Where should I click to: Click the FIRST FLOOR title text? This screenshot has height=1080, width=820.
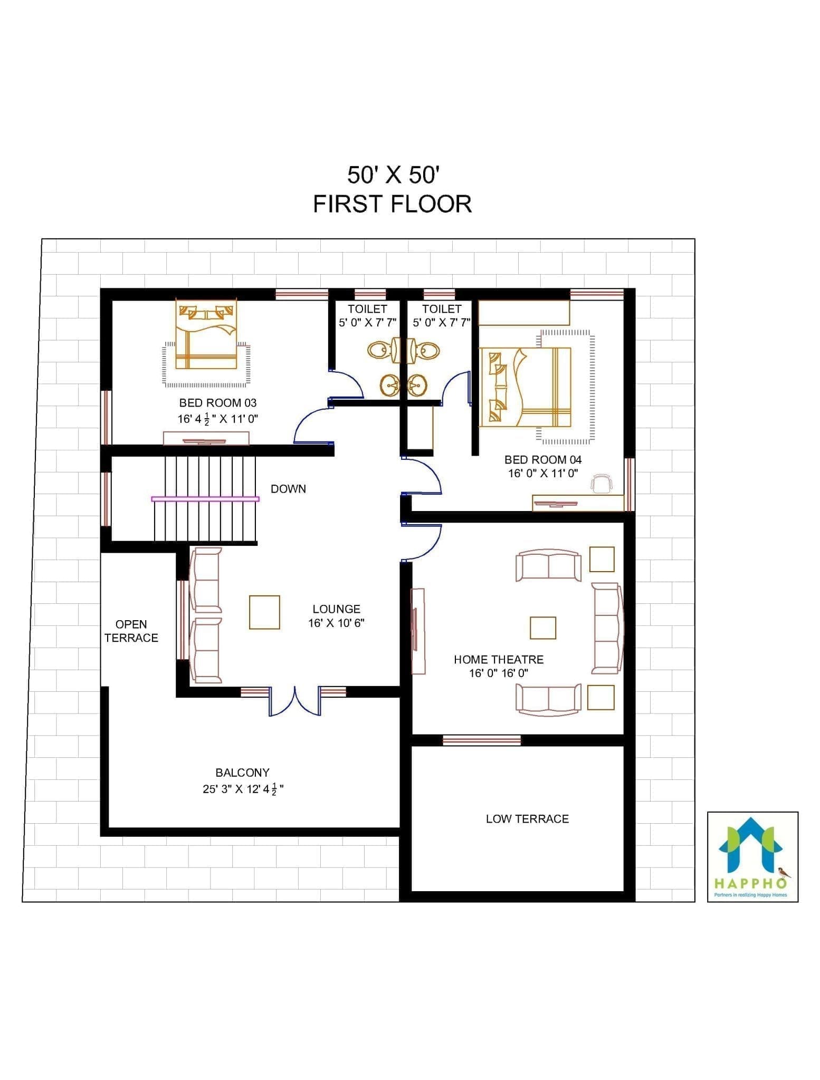(x=393, y=204)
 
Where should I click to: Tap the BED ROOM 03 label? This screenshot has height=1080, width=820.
(x=218, y=403)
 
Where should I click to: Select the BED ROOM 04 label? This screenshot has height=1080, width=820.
(x=543, y=460)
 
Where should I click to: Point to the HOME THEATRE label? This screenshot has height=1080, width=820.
(x=499, y=659)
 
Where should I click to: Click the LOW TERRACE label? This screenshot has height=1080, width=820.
(x=527, y=819)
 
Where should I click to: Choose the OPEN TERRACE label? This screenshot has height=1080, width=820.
(x=131, y=631)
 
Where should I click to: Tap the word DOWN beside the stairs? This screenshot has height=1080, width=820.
(x=288, y=489)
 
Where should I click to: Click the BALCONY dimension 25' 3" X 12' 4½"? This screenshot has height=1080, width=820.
(x=243, y=789)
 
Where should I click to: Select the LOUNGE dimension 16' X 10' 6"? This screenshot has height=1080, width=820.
(x=336, y=623)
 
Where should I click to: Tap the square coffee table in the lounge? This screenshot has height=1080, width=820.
(x=264, y=612)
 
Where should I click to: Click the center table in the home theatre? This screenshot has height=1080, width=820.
(x=543, y=628)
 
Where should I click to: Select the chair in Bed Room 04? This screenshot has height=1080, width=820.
(x=602, y=483)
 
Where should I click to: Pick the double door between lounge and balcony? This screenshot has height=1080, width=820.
(x=295, y=701)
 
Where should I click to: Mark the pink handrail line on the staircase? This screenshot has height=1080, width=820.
(x=205, y=498)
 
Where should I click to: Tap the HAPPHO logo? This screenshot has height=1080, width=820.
(x=752, y=857)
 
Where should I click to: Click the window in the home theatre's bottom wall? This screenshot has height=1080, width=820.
(x=481, y=740)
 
